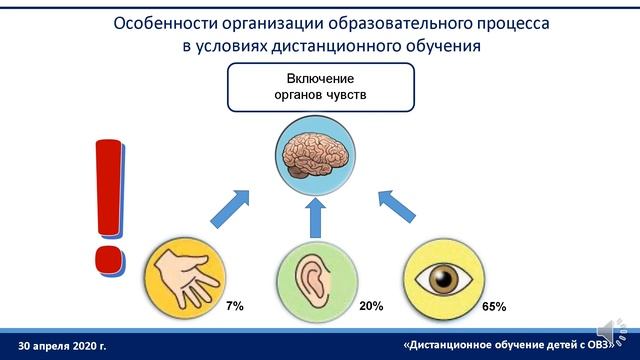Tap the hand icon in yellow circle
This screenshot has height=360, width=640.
tap(181, 275)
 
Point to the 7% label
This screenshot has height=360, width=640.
tap(234, 304)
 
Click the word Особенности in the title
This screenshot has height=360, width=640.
tap(164, 22)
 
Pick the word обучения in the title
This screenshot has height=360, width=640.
tap(441, 45)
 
